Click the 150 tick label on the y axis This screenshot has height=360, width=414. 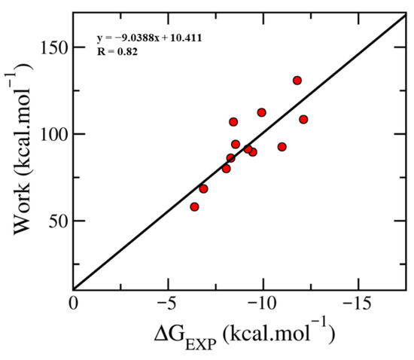(53, 47)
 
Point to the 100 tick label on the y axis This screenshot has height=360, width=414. (53, 135)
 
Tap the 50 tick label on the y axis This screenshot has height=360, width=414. (57, 221)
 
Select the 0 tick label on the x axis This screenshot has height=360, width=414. (74, 304)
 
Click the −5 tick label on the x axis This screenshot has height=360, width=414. (166, 304)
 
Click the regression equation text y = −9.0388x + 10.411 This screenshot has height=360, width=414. (150, 38)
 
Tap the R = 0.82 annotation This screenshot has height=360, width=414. (117, 52)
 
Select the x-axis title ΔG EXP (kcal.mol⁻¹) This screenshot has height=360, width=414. (245, 334)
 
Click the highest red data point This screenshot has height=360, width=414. (297, 81)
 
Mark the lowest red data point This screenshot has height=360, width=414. (194, 207)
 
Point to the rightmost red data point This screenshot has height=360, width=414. (303, 120)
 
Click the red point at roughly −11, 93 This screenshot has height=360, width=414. (282, 147)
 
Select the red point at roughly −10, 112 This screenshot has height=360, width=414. (261, 112)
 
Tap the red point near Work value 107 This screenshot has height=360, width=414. (233, 122)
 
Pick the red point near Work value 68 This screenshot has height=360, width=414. (203, 189)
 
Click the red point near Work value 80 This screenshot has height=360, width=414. (227, 169)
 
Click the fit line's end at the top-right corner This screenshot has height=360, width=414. (406, 15)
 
